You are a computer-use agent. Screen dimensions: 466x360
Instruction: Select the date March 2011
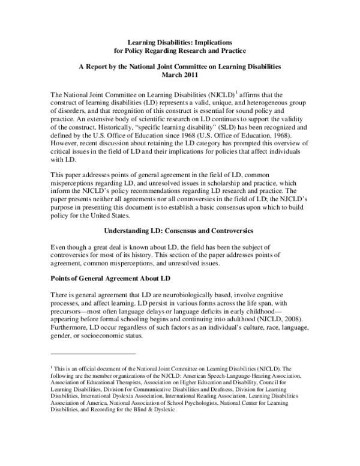180,75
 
